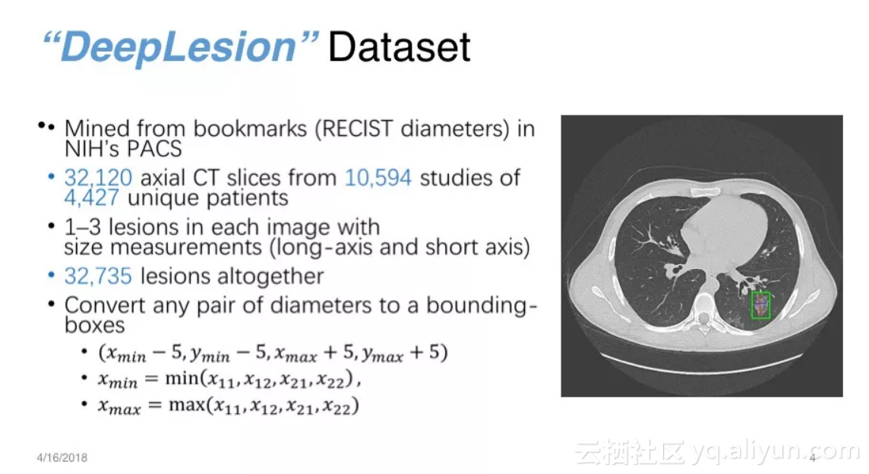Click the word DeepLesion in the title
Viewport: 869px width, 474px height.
click(x=178, y=47)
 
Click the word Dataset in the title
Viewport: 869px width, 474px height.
click(x=399, y=47)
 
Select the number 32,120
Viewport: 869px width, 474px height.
click(x=98, y=178)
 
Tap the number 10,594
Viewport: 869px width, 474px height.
click(x=378, y=178)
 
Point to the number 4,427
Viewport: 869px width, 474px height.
click(x=91, y=198)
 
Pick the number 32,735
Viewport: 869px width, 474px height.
click(x=98, y=276)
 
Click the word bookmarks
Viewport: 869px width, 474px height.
click(x=250, y=128)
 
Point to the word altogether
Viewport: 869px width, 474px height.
click(x=232, y=276)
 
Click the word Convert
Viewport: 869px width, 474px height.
click(x=104, y=305)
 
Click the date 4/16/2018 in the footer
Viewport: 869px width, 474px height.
click(x=62, y=458)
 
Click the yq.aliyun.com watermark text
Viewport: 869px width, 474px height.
click(x=775, y=453)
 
